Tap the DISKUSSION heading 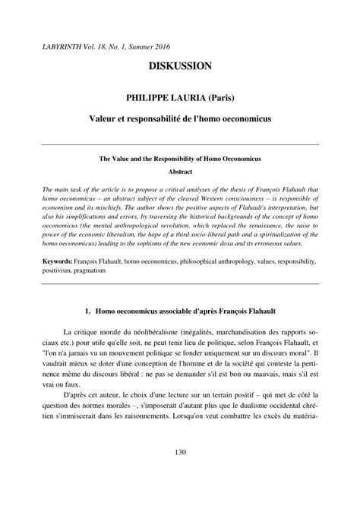[x=180, y=68]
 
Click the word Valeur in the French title [x=110, y=120]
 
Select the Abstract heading [x=180, y=173]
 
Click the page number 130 [x=180, y=475]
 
